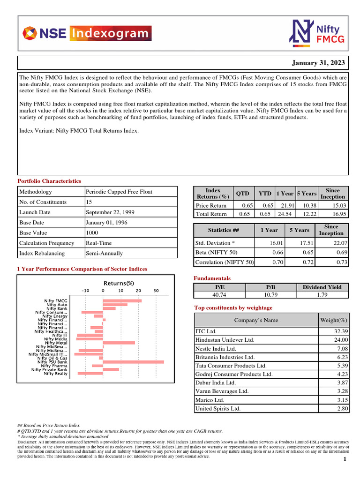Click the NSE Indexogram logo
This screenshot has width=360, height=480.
[x=87, y=33]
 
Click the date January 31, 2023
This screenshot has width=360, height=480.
[x=318, y=63]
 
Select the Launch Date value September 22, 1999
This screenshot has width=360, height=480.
[x=110, y=212]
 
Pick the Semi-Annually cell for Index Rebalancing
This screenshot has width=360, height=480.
[x=104, y=253]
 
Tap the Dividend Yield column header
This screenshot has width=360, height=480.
[x=322, y=287]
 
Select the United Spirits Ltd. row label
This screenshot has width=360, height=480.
[x=218, y=408]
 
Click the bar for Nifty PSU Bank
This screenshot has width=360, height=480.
[x=133, y=362]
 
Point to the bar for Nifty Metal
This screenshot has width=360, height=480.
[x=119, y=343]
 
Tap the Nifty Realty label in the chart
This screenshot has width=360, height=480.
[x=55, y=374]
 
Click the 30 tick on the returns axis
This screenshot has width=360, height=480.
[x=156, y=291]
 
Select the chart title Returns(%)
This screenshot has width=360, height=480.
[x=119, y=283]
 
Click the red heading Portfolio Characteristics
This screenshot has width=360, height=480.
[x=49, y=181]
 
